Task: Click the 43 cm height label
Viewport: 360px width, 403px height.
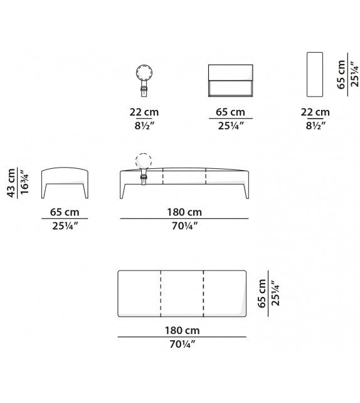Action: (x=11, y=183)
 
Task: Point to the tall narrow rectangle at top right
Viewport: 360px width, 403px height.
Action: (x=315, y=75)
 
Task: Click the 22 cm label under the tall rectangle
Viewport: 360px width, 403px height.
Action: (x=315, y=112)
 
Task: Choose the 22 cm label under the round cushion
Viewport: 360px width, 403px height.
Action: (x=144, y=112)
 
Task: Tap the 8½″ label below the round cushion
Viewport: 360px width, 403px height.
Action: (x=145, y=126)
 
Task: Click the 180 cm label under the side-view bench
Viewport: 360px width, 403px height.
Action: (x=184, y=212)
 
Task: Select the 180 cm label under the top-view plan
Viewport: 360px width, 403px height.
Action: (x=182, y=330)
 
